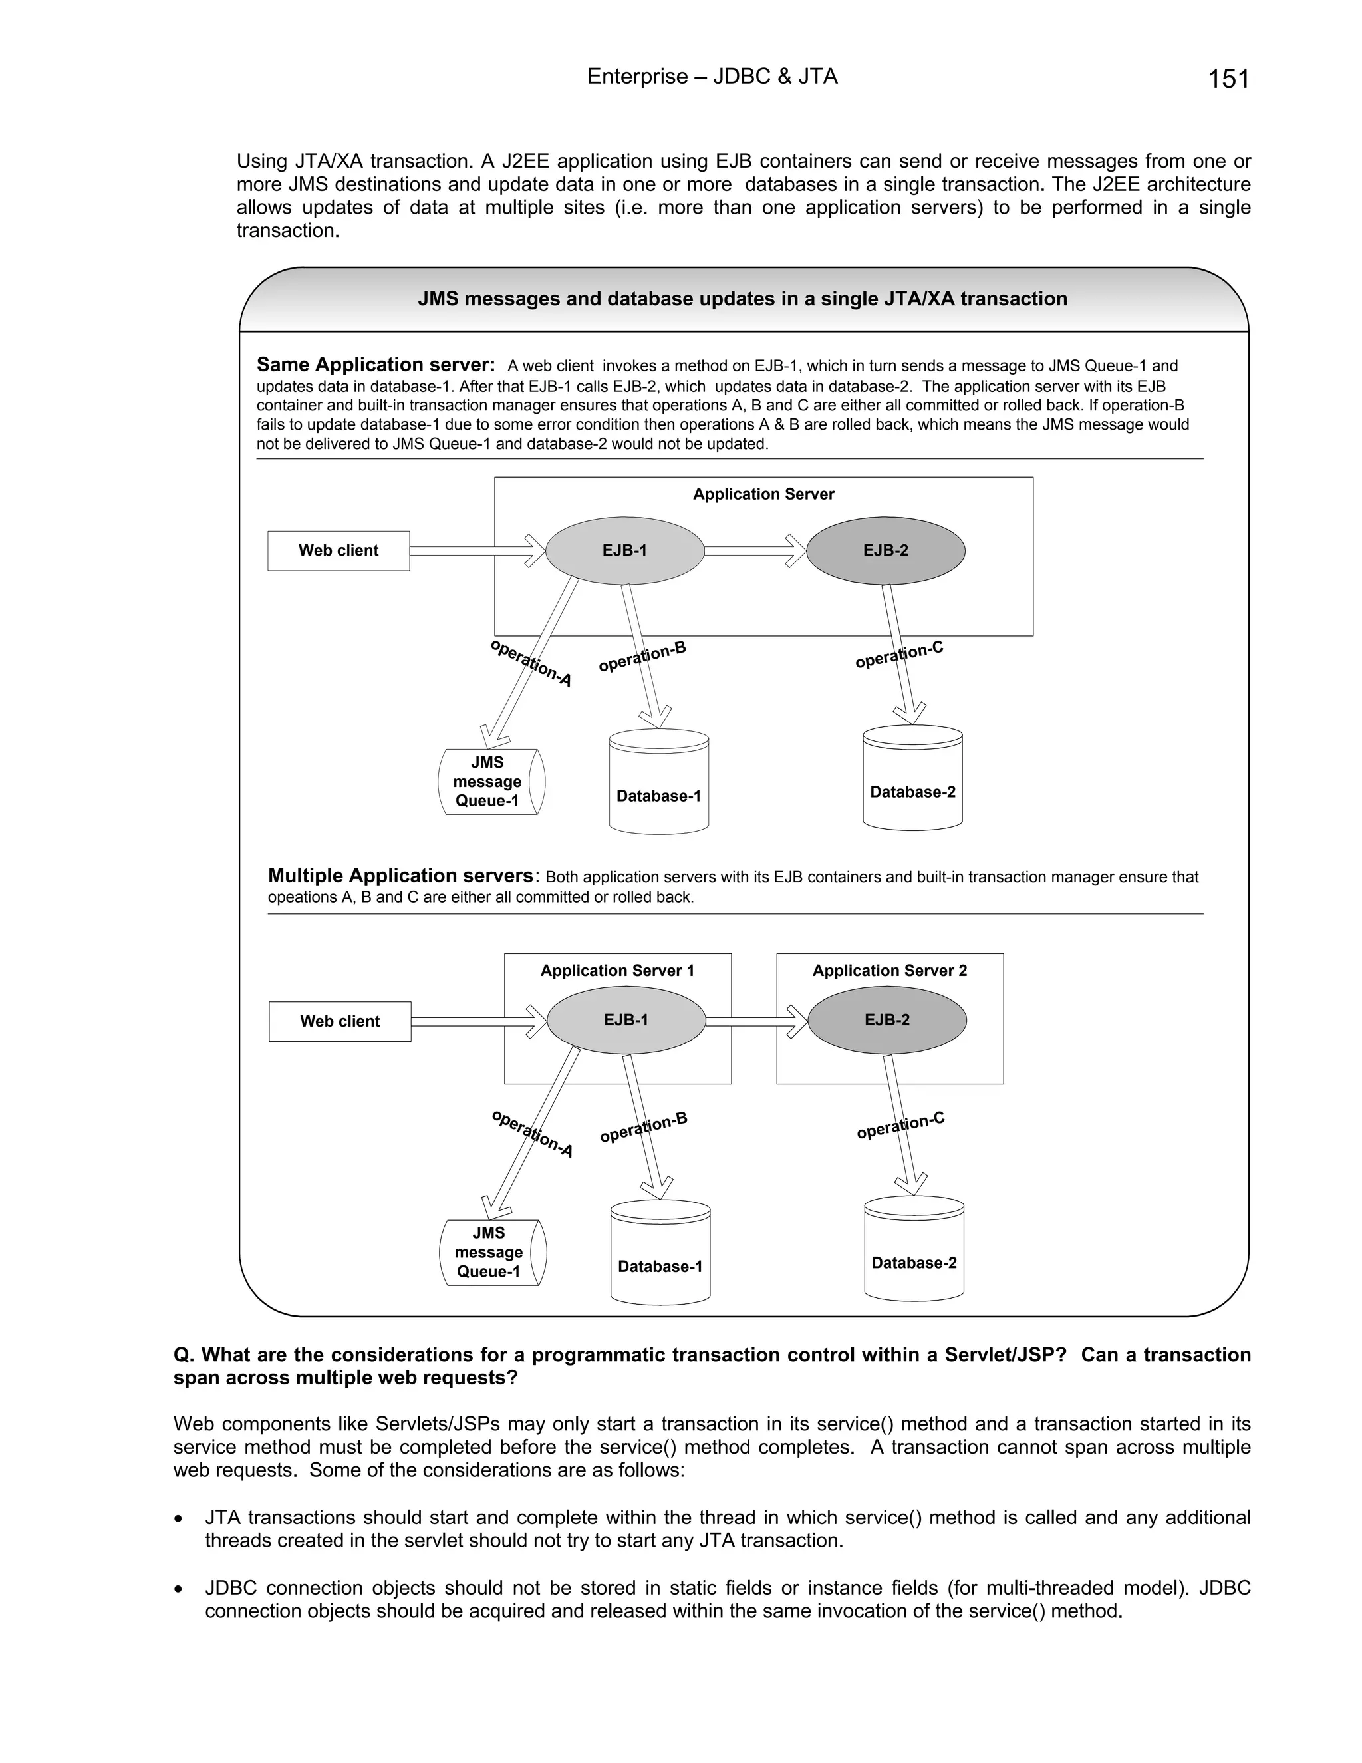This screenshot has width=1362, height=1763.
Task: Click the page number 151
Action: click(1228, 79)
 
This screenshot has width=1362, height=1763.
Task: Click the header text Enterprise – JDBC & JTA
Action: click(712, 77)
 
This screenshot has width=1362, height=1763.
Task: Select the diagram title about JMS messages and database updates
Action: click(742, 299)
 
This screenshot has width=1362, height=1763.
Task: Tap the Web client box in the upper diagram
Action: click(338, 551)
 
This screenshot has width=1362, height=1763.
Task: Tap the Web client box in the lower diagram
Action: click(340, 1021)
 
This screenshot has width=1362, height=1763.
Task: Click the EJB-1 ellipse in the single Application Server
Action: click(624, 551)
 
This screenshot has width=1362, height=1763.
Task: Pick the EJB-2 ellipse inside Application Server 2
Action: click(886, 1021)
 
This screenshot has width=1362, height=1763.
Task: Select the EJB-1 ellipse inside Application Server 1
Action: click(626, 1021)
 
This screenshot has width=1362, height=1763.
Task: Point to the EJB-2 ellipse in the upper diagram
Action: click(885, 551)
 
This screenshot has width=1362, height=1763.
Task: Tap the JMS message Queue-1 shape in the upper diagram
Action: click(489, 782)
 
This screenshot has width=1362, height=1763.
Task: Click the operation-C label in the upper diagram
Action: click(899, 655)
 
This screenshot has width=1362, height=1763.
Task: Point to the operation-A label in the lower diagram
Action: click(533, 1134)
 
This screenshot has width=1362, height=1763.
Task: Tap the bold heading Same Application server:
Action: click(375, 365)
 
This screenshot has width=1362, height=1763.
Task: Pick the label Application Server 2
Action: click(889, 970)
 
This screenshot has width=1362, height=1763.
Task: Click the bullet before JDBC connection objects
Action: click(178, 1589)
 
